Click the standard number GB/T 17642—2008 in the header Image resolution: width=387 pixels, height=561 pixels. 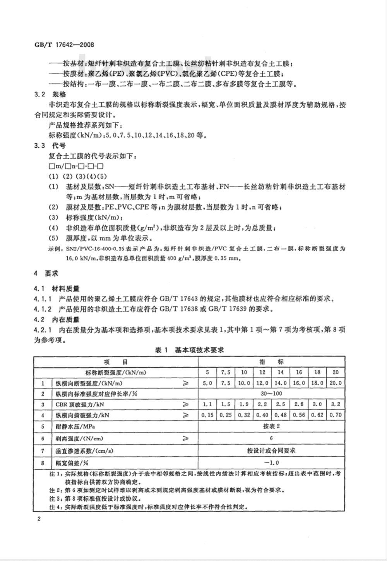tap(62, 44)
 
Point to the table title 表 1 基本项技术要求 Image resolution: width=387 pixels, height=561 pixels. tap(190, 350)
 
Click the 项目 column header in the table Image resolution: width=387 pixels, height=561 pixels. tap(115, 362)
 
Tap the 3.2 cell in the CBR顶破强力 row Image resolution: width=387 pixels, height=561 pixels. tap(336, 404)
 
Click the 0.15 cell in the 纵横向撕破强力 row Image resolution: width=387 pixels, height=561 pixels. tap(207, 415)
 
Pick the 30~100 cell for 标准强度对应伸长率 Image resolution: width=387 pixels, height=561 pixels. tap(271, 394)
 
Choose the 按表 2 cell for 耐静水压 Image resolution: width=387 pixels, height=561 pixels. tap(271, 426)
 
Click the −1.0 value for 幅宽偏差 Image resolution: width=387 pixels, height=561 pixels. tap(271, 462)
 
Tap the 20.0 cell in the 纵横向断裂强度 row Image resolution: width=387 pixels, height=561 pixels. tap(336, 383)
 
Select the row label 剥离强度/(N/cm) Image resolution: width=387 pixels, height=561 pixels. tap(80, 438)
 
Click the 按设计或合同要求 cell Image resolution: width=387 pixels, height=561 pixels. tap(271, 450)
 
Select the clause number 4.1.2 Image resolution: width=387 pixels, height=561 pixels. tap(43, 309)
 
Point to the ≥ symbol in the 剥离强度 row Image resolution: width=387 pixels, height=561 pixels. tap(186, 438)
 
